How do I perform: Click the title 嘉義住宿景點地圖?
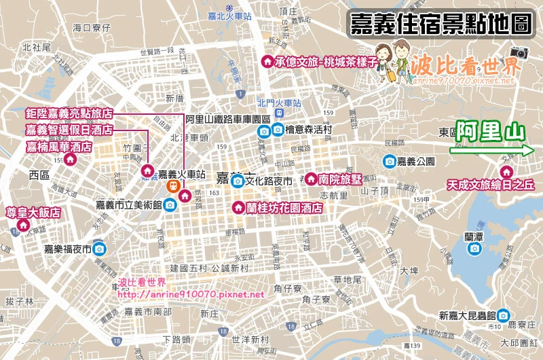[x=440, y=24]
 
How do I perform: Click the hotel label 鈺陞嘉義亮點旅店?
[x=69, y=113]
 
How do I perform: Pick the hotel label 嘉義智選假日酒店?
[x=69, y=130]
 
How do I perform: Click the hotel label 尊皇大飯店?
[x=34, y=213]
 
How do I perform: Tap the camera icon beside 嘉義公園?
[x=390, y=161]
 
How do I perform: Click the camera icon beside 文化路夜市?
[x=238, y=181]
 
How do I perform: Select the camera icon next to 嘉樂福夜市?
[x=99, y=249]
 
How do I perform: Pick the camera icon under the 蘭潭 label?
[x=474, y=250]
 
